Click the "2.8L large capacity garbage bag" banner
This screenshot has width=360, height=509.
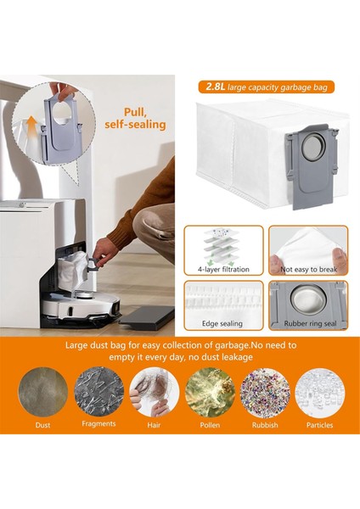pos(266,87)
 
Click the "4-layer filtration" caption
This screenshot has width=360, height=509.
pos(223,270)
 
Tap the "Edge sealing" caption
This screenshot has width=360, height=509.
pos(223,325)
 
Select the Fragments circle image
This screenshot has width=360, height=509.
pos(98,391)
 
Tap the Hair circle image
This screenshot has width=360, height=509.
pos(154,391)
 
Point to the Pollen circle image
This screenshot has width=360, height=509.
pos(209,391)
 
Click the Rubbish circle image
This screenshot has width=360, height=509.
pos(264,391)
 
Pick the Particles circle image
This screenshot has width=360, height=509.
pos(319,391)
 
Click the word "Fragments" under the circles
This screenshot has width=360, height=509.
pos(98,423)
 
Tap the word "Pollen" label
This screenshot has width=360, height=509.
pos(209,424)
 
